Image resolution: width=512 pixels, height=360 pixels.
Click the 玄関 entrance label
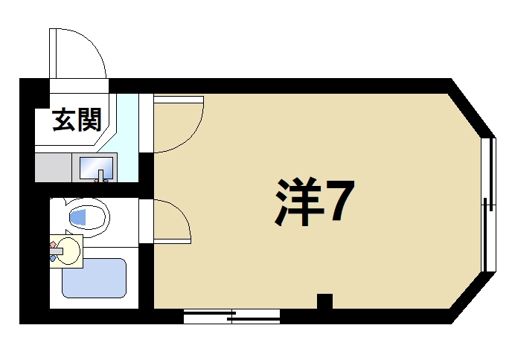coord(76,120)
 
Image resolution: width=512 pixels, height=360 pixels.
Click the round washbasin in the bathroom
coord(69,249)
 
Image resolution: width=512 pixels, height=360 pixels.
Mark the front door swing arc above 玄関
coord(78,53)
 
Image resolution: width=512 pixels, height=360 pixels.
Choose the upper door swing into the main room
coord(177,123)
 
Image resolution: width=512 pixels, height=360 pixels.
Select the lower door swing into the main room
coord(171,222)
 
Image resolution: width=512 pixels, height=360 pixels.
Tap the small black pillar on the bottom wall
coord(324,301)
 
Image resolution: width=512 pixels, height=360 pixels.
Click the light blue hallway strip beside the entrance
coord(128,138)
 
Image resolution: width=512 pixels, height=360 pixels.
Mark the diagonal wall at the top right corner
coord(473,108)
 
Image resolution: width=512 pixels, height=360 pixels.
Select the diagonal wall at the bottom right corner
coord(473,298)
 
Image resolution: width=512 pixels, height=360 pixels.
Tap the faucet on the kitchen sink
coord(103,176)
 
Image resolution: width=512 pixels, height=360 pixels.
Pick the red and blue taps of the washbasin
coord(54,248)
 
